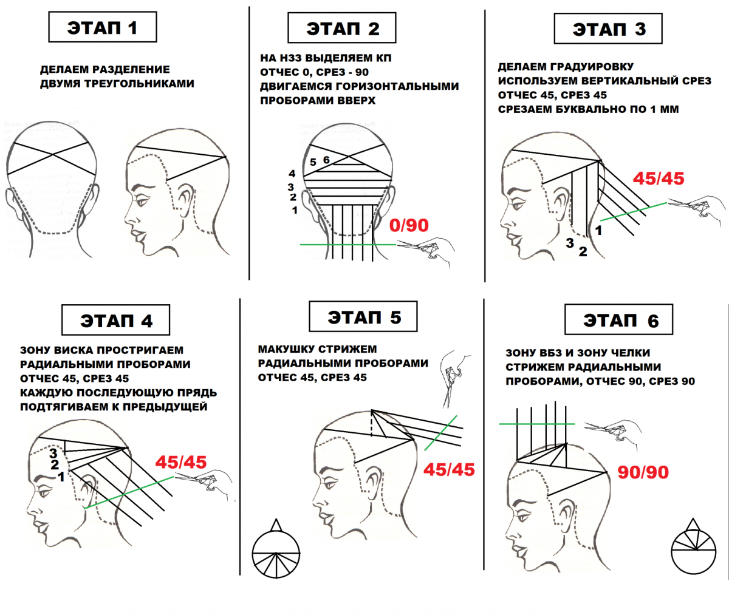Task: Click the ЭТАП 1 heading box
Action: [103, 27]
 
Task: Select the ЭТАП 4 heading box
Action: [116, 320]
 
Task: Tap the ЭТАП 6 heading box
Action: [618, 319]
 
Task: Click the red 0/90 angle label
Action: [409, 225]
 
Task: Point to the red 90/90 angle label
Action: [643, 472]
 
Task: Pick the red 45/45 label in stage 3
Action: [659, 178]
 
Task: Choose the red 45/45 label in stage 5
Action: [449, 470]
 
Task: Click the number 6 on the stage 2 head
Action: [326, 160]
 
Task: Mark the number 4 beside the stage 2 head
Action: [292, 174]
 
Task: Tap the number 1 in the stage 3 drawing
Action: [598, 230]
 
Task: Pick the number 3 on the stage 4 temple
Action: [53, 453]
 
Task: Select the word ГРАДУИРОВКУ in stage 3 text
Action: [589, 67]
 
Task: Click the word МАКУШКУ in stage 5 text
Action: [282, 349]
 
